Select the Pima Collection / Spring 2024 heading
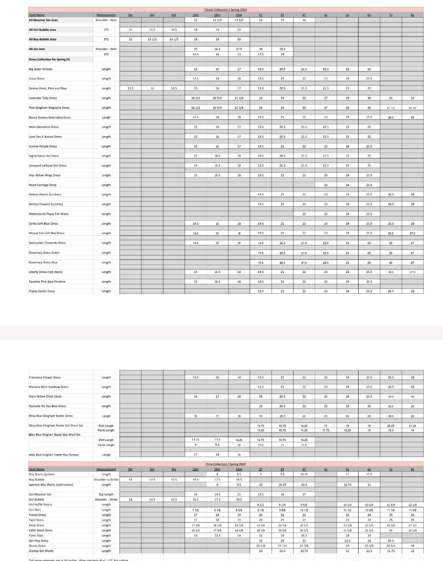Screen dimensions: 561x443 click(225, 464)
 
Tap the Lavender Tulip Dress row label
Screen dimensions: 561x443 click(43, 98)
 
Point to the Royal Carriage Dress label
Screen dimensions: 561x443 click(43, 185)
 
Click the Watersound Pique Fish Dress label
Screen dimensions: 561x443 click(48, 214)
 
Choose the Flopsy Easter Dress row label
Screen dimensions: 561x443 click(42, 291)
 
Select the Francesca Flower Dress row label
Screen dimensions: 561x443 click(45, 377)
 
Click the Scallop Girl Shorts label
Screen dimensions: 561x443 click(41, 551)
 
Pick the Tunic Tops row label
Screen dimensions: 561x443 click(36, 536)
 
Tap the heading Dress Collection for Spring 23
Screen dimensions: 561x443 click(49, 59)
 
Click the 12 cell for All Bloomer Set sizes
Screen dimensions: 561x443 click(196, 20)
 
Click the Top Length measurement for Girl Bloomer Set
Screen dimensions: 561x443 click(106, 494)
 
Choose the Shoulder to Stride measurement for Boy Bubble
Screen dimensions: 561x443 click(106, 479)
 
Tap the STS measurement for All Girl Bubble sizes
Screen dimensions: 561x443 click(106, 30)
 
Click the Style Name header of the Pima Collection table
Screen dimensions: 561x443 click(36, 469)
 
